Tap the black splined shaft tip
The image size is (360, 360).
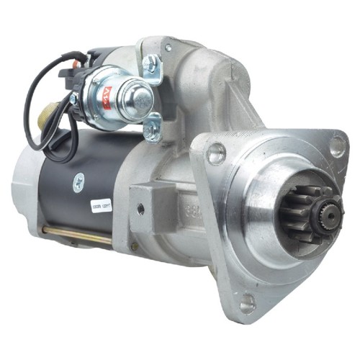(331, 212)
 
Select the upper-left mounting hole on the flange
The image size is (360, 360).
(215, 153)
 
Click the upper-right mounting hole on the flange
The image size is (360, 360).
(336, 146)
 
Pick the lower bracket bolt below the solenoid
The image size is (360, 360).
(150, 131)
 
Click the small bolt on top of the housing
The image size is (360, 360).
(167, 48)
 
